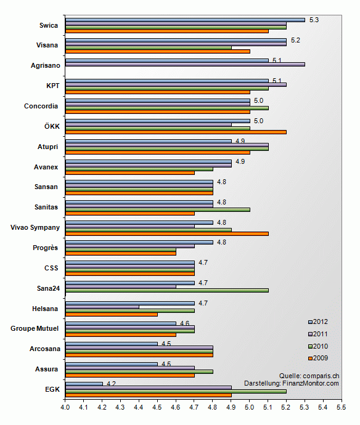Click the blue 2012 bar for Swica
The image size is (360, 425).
(x=185, y=20)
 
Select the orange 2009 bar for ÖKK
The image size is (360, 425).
(x=176, y=132)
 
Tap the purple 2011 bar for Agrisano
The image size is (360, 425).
(x=185, y=65)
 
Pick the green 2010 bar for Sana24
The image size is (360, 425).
(x=167, y=291)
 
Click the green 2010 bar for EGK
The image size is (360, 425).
(x=176, y=391)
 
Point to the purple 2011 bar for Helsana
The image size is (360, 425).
(x=102, y=307)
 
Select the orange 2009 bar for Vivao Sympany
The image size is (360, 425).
(x=167, y=233)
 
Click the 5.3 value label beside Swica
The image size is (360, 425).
(x=314, y=20)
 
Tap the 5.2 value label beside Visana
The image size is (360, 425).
(x=295, y=41)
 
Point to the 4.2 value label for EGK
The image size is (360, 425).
(x=111, y=384)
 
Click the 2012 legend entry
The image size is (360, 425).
(x=318, y=322)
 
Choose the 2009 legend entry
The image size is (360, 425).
(x=318, y=358)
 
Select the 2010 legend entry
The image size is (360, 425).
(x=318, y=346)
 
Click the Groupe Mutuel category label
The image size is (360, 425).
(x=35, y=328)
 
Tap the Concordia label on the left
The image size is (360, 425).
(x=41, y=106)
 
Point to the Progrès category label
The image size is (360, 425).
(x=45, y=248)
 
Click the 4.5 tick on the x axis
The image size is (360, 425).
(x=157, y=407)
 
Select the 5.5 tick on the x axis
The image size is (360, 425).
(x=342, y=407)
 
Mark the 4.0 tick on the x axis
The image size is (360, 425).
(x=65, y=407)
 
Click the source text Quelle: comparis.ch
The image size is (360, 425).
(x=309, y=376)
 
